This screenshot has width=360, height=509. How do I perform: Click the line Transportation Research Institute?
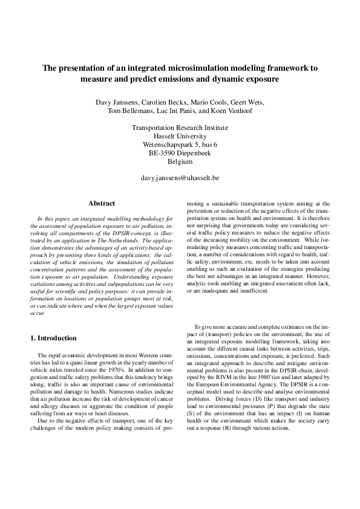(180, 128)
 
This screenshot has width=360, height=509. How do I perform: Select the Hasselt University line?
(180, 137)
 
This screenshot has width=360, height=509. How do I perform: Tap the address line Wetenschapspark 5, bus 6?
(180, 145)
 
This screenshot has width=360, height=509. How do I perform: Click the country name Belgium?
(180, 162)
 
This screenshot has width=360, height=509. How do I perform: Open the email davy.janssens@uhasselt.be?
(180, 179)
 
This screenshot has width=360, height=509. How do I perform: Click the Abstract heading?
(102, 204)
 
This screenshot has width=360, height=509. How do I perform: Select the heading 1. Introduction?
(53, 338)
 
